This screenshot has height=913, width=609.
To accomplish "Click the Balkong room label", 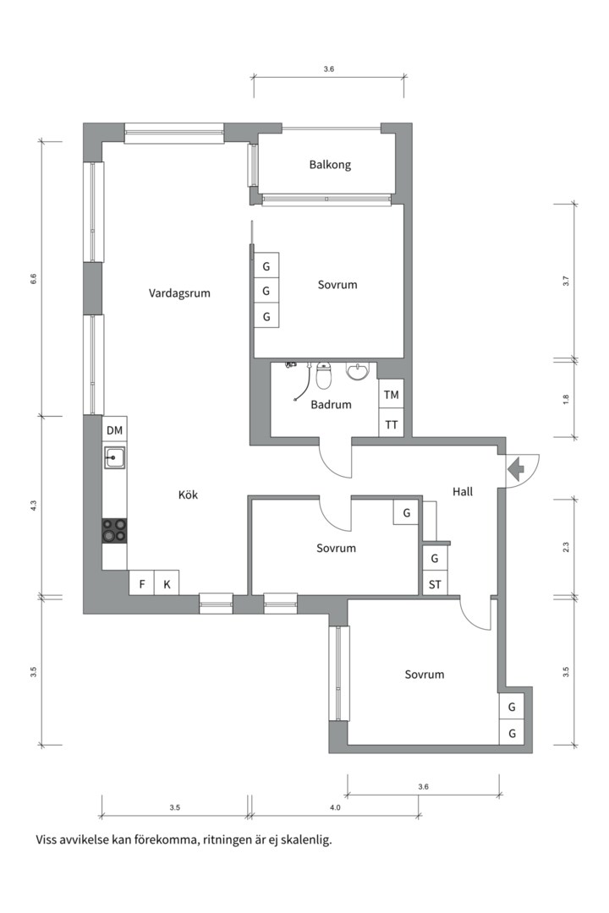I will [330, 165].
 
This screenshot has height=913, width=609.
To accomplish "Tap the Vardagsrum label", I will [179, 293].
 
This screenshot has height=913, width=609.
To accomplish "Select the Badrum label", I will [331, 405].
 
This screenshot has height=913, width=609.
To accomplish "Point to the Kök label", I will [188, 495].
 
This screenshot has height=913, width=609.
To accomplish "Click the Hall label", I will [463, 491].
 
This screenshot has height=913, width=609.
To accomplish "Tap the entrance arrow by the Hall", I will [515, 467].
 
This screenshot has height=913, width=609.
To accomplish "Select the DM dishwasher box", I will [114, 430].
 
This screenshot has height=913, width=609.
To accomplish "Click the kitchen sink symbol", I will [114, 457].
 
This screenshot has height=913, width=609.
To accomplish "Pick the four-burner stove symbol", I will [114, 530].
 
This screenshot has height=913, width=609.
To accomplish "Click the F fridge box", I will [141, 583].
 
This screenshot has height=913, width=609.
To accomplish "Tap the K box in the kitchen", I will [167, 583].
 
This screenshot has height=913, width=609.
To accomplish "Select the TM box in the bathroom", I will [391, 395].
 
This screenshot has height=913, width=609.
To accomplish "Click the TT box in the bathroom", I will [391, 424].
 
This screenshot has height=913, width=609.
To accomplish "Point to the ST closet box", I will [435, 583].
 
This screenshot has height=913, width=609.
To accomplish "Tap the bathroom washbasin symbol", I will [359, 372].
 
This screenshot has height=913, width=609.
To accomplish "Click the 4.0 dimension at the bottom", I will [334, 808].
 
